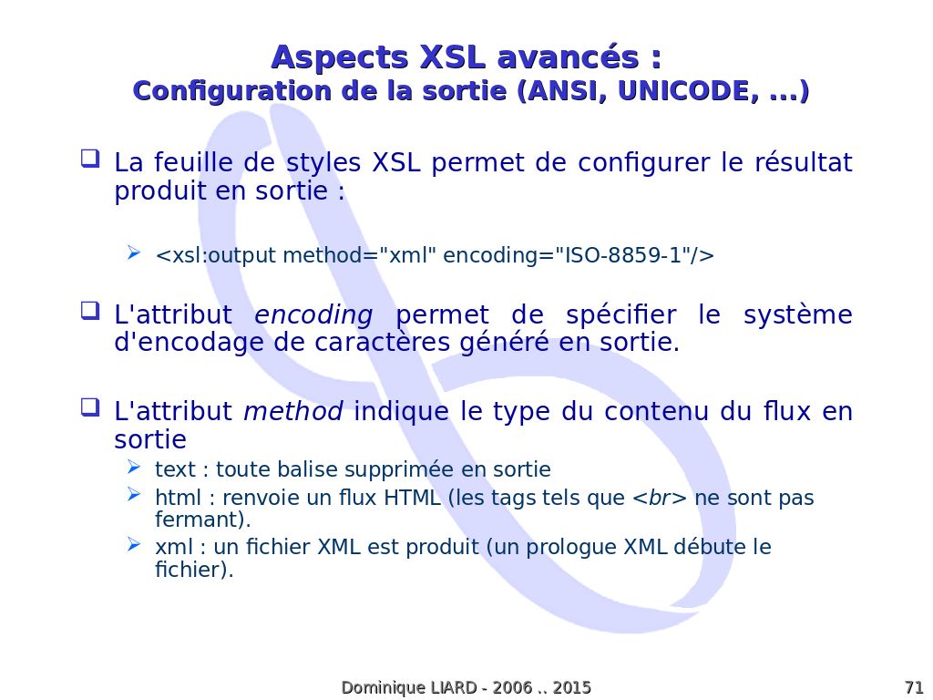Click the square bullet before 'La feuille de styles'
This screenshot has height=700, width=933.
[90, 159]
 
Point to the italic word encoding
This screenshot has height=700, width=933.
[313, 314]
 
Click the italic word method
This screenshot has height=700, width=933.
[292, 411]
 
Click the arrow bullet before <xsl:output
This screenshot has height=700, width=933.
[134, 253]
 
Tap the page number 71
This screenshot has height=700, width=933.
[914, 687]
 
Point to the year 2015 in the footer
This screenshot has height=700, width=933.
[572, 687]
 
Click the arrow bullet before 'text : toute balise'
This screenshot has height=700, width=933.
[134, 468]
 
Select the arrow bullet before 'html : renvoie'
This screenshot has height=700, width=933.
[134, 495]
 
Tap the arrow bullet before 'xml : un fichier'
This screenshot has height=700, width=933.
[134, 544]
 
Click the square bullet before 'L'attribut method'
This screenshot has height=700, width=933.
[90, 407]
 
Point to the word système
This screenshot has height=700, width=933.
[798, 314]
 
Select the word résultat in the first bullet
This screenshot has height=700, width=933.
[804, 162]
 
